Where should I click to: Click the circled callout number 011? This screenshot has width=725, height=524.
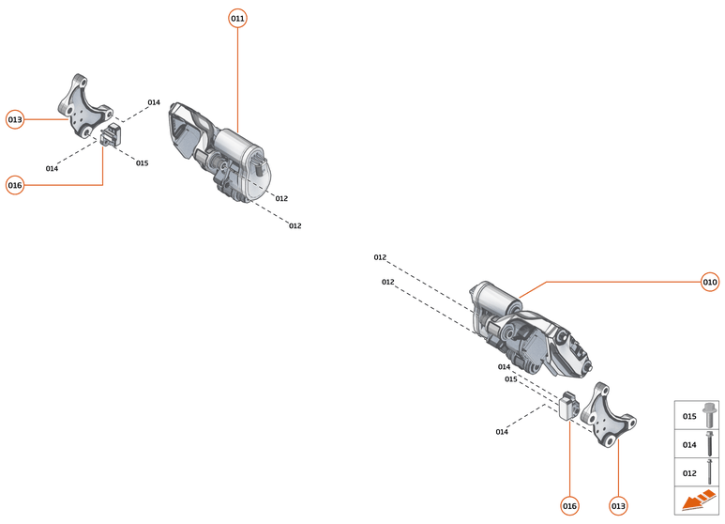[237, 19]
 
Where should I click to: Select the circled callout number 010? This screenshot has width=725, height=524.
[710, 282]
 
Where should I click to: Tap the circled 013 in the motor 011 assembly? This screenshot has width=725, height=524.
[15, 119]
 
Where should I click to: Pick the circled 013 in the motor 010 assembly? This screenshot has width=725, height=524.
[618, 506]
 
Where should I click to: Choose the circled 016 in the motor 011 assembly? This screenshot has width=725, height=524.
[15, 185]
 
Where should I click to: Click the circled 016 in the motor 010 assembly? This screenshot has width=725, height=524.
[569, 506]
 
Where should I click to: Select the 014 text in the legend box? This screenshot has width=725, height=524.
[689, 444]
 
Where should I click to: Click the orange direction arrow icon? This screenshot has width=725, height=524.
[696, 502]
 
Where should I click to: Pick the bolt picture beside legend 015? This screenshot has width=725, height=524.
[710, 415]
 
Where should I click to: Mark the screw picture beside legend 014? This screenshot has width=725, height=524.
[710, 443]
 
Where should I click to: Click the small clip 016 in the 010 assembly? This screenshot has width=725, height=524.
[567, 407]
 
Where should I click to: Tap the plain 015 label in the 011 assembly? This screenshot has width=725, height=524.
[142, 163]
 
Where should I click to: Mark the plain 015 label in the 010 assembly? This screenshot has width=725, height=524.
[511, 379]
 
